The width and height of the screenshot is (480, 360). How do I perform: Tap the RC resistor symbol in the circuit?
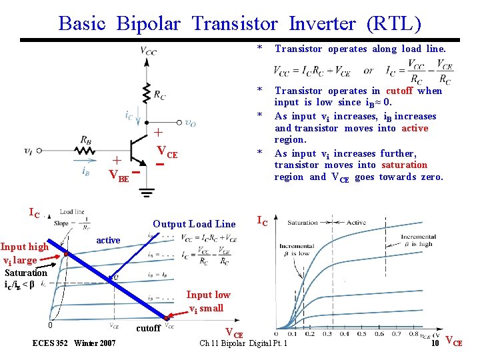tap(145, 93)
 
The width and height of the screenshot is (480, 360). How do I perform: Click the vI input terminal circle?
tap(39, 151)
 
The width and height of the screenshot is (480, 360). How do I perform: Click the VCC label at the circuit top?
tap(149, 49)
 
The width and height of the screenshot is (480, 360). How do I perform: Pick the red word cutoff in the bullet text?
tap(399, 91)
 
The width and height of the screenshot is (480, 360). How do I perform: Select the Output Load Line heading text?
tap(194, 224)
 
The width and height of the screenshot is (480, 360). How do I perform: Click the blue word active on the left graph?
tap(108, 240)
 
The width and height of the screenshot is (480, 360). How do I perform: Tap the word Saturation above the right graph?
tap(302, 223)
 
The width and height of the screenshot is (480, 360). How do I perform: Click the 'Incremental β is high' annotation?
tap(418, 240)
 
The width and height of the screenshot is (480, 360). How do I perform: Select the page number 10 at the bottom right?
tap(434, 343)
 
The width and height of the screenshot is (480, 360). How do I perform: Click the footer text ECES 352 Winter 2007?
tap(74, 343)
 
